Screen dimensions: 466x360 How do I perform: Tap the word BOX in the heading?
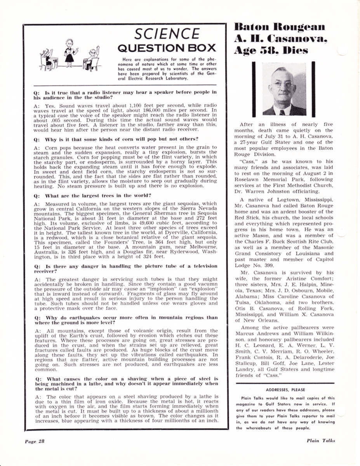[x=202, y=48]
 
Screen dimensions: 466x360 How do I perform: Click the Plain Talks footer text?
[x=320, y=440]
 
